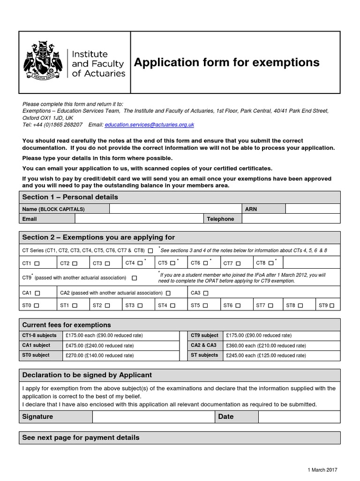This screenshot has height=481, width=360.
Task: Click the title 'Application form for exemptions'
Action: (x=227, y=62)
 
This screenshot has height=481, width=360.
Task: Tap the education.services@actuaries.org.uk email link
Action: (x=149, y=125)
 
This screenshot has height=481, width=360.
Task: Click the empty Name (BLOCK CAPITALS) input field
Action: (x=175, y=209)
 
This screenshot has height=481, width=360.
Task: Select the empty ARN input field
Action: (x=313, y=209)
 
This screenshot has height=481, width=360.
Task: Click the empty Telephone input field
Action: (x=291, y=219)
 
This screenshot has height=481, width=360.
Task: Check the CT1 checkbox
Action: (x=37, y=264)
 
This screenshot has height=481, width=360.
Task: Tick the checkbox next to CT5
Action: (x=172, y=263)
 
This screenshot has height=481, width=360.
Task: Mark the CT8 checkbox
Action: (x=270, y=263)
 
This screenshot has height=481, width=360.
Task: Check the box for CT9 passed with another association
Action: (x=135, y=278)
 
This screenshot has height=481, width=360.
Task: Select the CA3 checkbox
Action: (x=205, y=293)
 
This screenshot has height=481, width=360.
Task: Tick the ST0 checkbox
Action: (x=37, y=306)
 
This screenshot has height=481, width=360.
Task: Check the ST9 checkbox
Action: (x=332, y=306)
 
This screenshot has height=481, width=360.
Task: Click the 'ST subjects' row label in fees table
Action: (x=205, y=355)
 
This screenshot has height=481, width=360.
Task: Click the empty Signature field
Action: (x=153, y=417)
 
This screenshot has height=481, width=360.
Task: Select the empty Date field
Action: (x=299, y=417)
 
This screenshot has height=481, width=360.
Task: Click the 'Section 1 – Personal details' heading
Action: (x=70, y=197)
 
